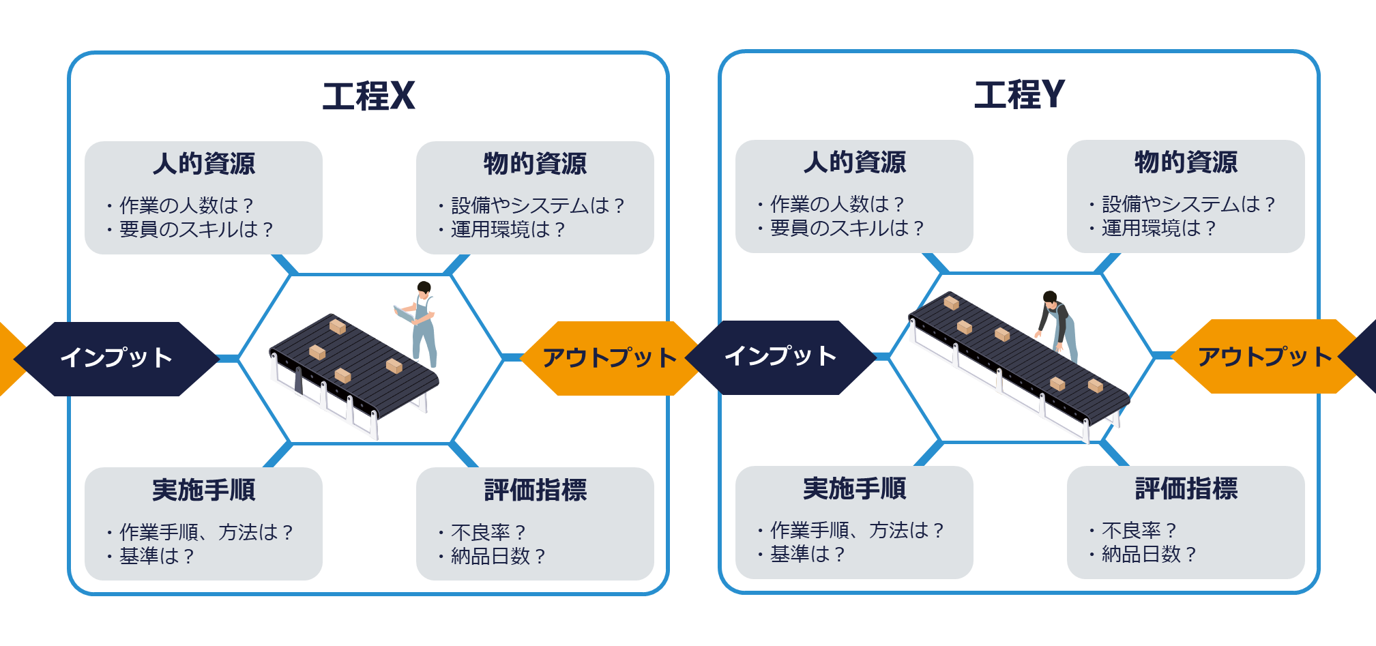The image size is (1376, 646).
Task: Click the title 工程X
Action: [368, 96]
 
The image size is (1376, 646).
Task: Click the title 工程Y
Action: [1019, 94]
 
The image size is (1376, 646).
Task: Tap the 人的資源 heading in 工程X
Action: [203, 164]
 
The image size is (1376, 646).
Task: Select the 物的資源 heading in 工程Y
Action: [1186, 162]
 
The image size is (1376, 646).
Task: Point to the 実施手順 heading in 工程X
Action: [203, 490]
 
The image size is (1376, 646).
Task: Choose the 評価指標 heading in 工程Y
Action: [1186, 488]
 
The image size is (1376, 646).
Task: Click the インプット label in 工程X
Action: [116, 358]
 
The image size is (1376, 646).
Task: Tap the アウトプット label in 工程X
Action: [609, 358]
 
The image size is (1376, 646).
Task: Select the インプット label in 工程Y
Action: [780, 356]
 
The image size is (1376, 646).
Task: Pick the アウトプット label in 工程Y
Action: [1264, 357]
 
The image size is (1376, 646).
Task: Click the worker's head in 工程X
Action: [424, 289]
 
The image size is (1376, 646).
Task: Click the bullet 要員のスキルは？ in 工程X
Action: [196, 229]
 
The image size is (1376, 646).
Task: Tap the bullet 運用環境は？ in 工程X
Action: [508, 229]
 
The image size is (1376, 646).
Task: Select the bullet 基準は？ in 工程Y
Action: [807, 554]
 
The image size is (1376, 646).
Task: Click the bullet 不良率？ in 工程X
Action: [488, 532]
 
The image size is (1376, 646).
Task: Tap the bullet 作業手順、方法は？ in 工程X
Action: [206, 532]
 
